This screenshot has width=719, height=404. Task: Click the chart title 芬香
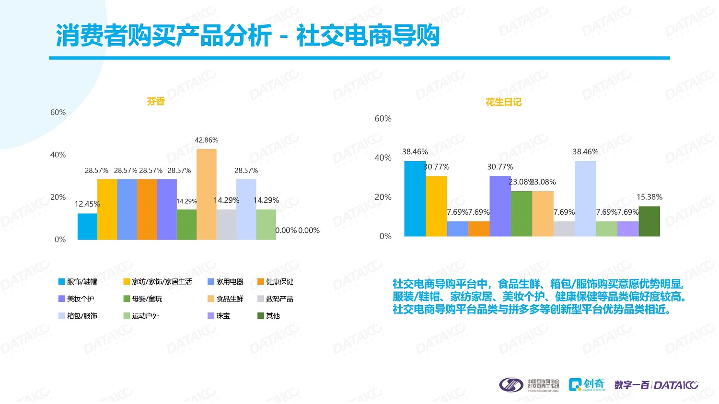156,101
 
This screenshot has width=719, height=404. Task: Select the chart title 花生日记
503,102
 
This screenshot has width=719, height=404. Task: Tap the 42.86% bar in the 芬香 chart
207,194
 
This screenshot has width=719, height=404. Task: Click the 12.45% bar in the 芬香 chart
87,226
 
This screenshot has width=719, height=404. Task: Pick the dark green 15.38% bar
649,221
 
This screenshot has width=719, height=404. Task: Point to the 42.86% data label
207,140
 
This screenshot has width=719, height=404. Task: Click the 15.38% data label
649,197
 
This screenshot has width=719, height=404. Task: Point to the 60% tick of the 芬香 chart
58,113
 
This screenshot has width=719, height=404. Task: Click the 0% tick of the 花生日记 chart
385,236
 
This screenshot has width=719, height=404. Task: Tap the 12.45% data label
87,204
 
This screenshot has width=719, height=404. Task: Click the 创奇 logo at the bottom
587,384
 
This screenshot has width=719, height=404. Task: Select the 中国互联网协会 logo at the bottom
529,385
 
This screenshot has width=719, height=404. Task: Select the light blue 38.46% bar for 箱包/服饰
585,198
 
